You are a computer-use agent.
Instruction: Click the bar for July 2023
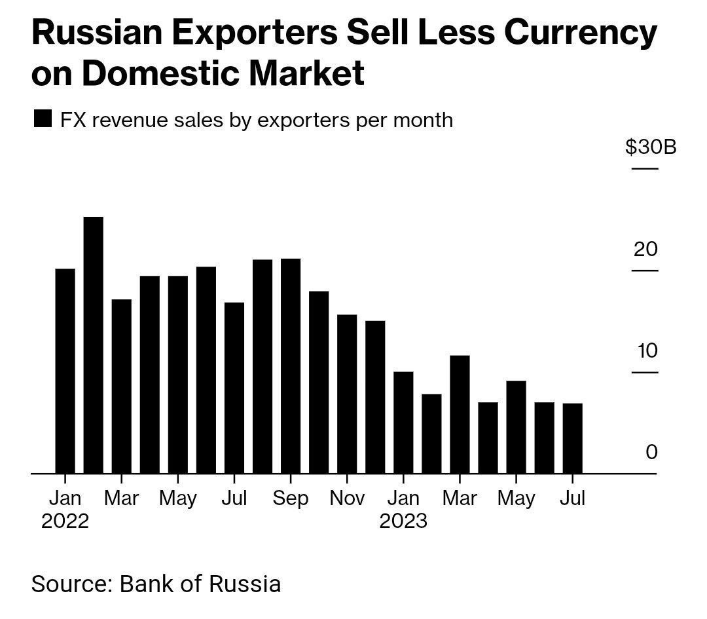(573, 438)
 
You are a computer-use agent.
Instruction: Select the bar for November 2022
(347, 394)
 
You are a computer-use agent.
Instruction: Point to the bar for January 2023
(403, 422)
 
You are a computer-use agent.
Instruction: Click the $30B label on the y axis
(651, 147)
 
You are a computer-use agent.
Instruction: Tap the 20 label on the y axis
(645, 250)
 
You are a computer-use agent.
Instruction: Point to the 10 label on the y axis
(647, 351)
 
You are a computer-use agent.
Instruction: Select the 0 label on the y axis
(651, 453)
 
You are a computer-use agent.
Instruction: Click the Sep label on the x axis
(290, 498)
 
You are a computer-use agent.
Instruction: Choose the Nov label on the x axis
(347, 498)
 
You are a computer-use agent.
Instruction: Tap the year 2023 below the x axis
(403, 521)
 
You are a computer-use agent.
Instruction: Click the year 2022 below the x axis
(65, 521)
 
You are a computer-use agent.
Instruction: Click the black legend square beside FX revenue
(42, 120)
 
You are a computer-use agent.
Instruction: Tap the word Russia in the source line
(245, 584)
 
